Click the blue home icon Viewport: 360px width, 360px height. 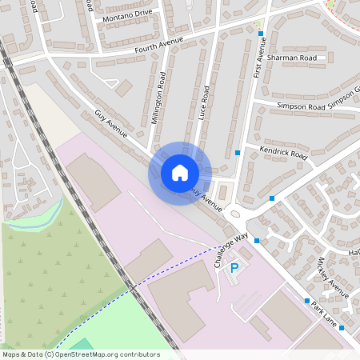[x=179, y=173]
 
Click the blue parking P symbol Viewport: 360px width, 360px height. [x=234, y=269]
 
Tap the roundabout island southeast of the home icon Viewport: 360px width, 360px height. [x=235, y=214]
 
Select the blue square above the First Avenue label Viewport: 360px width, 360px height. [x=261, y=34]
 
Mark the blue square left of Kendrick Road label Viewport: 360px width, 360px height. [x=238, y=153]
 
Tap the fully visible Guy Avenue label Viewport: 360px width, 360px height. [x=111, y=125]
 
